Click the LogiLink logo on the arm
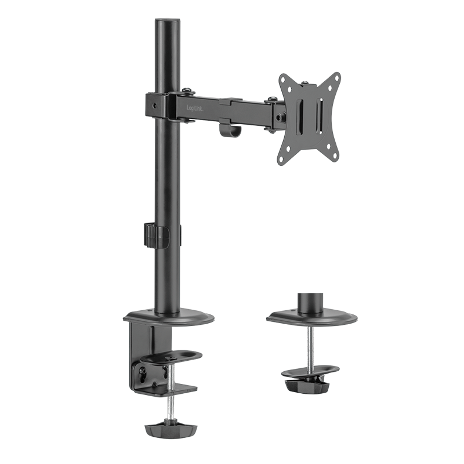pos(195,108)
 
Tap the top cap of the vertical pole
pos(168,20)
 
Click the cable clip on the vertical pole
pos(156,235)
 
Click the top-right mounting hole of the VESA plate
pos(336,78)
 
